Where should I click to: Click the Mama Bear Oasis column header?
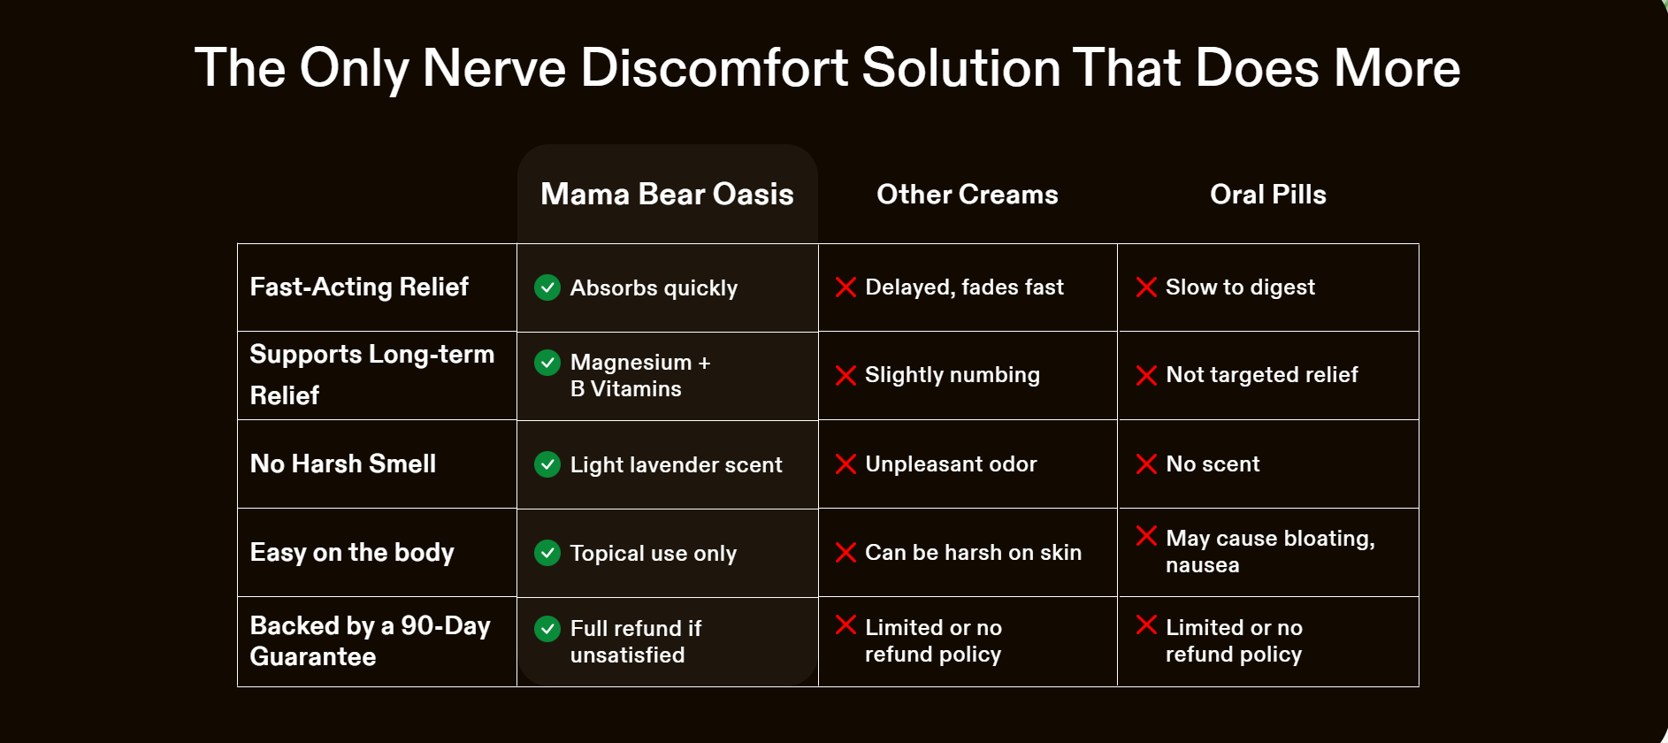667,195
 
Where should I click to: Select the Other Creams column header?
968,195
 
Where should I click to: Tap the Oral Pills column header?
1268,195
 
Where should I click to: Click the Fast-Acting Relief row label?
359,287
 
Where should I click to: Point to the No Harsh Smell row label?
343,463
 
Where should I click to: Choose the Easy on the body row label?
352,553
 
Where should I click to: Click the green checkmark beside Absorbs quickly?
547,287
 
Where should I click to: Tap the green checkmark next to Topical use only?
547,553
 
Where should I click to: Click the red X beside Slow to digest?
1146,287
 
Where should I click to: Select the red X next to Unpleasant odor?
845,464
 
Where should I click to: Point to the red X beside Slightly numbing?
845,376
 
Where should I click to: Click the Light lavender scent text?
677,465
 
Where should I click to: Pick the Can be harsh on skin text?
973,553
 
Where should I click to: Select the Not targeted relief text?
1262,375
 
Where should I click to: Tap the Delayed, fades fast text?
964,287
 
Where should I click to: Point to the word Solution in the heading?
961,68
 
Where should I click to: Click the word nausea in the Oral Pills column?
1203,566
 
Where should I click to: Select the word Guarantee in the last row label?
313,656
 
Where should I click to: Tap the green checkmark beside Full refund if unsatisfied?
547,629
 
